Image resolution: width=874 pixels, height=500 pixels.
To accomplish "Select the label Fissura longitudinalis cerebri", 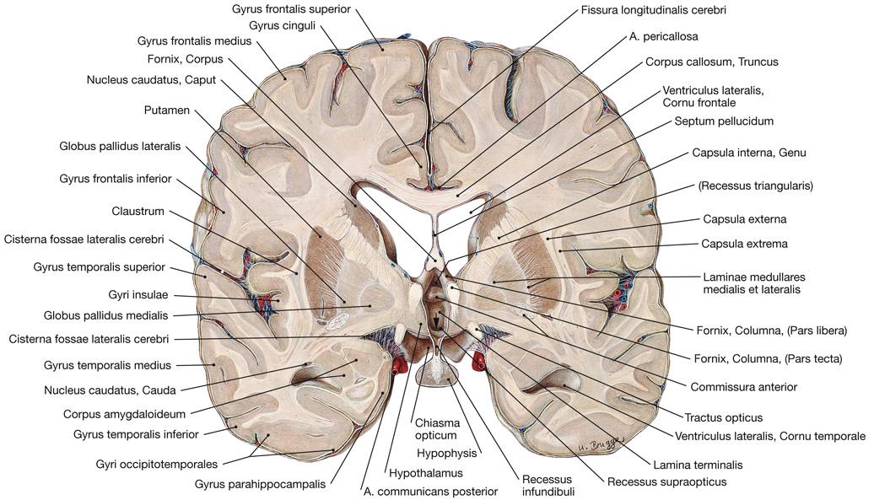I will (x=654, y=10).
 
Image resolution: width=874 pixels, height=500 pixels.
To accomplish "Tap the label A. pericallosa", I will (x=663, y=36).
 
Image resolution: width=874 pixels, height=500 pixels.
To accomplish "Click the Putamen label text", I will (x=166, y=110).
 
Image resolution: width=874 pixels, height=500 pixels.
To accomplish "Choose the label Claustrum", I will (x=138, y=211).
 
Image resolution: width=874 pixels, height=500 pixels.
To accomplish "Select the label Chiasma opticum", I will (x=435, y=429).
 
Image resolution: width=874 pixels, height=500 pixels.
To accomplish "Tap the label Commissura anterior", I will (x=743, y=387).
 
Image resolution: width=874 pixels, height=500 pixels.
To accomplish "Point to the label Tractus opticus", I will (x=724, y=417).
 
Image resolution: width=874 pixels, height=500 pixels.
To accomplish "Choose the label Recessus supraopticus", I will (x=666, y=482).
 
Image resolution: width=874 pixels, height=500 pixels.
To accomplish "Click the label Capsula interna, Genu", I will (x=749, y=153).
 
